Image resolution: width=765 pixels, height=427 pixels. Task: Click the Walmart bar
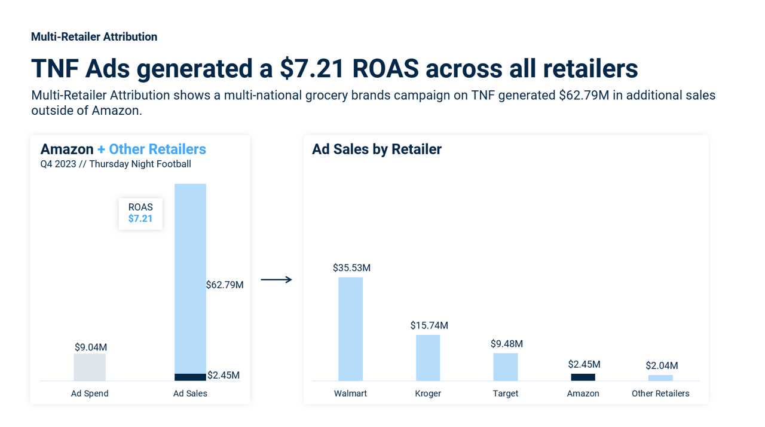350,329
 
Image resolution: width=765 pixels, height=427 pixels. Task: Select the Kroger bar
428,358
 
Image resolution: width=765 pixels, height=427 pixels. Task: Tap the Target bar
505,367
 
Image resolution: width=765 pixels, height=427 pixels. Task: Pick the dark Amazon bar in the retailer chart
583,377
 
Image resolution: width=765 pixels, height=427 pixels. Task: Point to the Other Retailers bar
660,378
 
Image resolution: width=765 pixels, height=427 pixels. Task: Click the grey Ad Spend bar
90,367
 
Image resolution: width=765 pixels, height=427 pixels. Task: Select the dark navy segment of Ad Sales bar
190,377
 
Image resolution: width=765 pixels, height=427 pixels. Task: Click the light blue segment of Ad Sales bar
190,278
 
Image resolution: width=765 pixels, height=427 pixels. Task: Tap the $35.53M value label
351,268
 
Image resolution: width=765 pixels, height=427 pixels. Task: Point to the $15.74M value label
429,325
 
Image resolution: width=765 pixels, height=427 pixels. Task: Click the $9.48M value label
506,344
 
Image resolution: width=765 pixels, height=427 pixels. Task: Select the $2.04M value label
662,365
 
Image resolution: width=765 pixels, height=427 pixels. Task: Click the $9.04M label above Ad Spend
91,347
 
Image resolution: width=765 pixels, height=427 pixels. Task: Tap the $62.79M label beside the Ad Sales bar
225,285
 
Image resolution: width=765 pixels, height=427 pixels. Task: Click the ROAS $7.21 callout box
140,213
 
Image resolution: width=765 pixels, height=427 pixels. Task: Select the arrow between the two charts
276,279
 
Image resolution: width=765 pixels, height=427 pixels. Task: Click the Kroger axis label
428,394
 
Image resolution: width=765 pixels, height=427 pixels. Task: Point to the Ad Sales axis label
190,394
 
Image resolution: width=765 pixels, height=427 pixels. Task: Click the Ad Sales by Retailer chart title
377,150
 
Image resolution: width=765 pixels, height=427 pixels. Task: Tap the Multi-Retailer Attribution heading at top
94,37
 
